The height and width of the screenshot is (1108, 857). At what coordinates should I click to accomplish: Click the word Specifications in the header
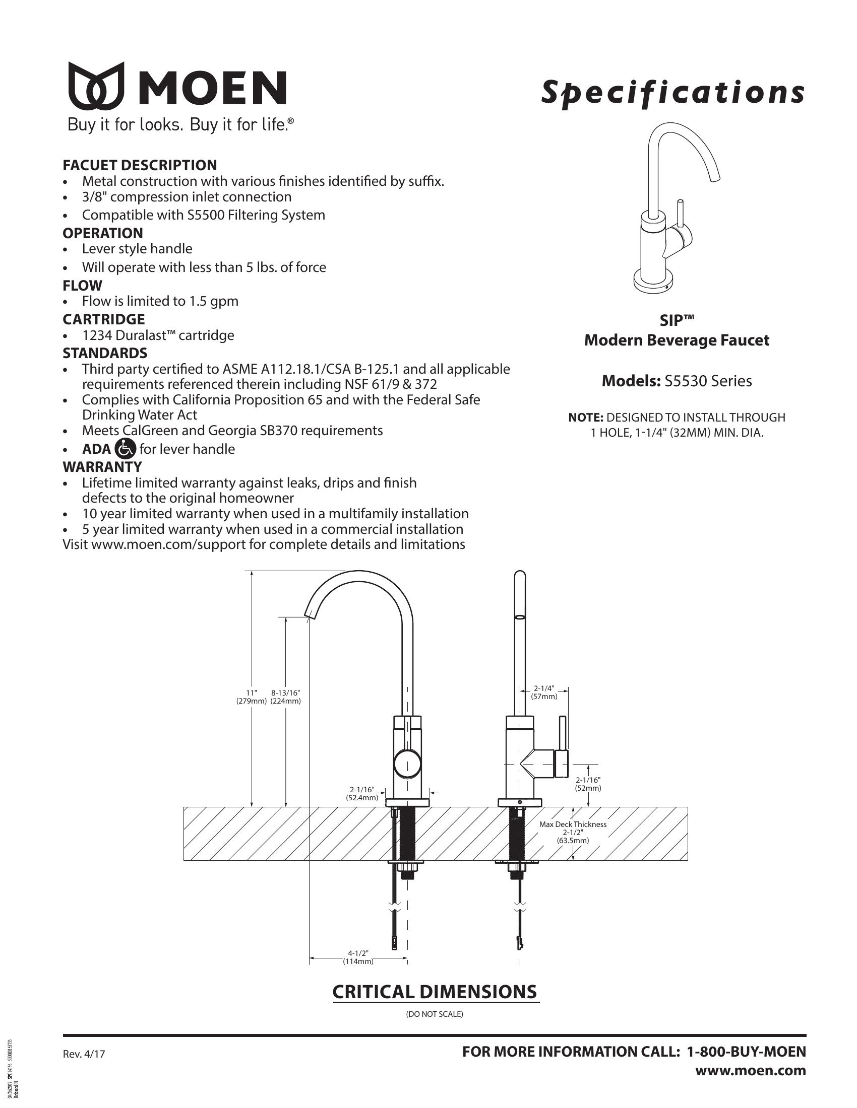pos(672,92)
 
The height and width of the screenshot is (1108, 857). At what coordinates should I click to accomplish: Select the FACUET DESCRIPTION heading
pos(140,165)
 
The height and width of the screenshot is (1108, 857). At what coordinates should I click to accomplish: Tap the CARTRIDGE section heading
pos(103,319)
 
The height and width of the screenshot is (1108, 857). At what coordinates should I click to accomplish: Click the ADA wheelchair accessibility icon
pos(126,448)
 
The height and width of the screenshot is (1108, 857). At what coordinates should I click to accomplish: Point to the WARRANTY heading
pos(102,466)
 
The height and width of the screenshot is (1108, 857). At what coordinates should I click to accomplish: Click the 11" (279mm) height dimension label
pos(252,697)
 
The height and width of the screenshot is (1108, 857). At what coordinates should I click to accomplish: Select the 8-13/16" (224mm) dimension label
pos(286,697)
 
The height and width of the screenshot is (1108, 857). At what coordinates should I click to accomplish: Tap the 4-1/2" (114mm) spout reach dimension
pos(358,957)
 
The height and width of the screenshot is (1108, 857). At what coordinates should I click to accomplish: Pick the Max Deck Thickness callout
pos(573,832)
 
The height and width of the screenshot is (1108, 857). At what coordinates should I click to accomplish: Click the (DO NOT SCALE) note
pos(435,1014)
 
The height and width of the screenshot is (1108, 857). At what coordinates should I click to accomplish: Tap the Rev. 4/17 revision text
pos(84,1054)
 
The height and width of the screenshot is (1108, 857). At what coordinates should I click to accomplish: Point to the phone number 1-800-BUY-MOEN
pos(746,1052)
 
